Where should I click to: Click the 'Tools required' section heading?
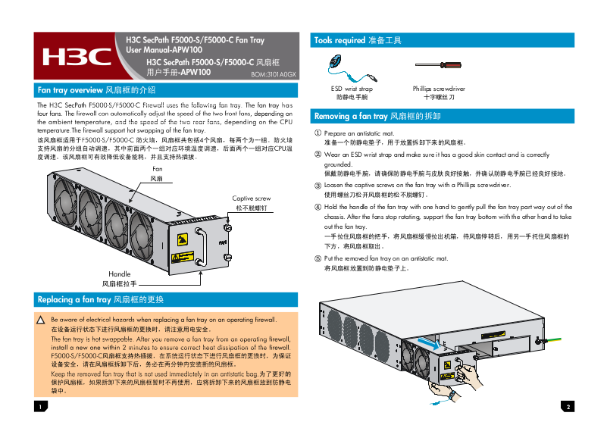coord(357,39)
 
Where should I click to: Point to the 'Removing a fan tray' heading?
coord(377,116)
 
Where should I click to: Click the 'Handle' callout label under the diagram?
coord(120,274)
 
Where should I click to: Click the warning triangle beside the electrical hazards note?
coord(42,321)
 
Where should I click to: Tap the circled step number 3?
coord(318,185)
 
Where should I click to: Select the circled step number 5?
coord(318,258)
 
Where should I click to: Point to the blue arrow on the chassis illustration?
coord(428,343)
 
